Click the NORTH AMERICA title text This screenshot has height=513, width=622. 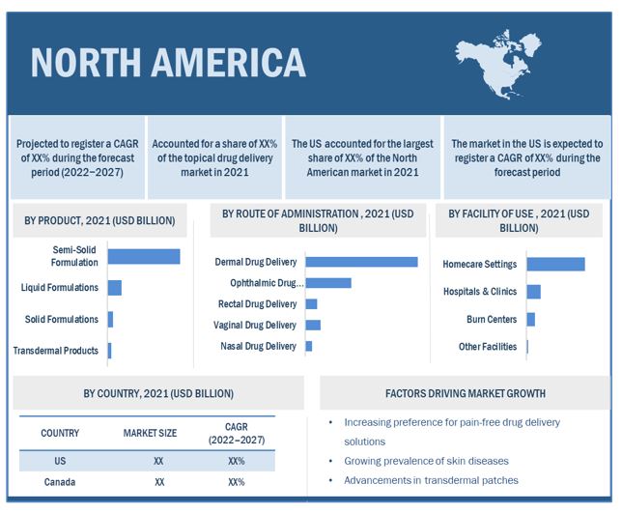click(168, 62)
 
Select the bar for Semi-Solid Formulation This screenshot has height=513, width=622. click(143, 256)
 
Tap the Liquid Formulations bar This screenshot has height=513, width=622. click(114, 287)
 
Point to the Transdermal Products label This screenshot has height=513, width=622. click(55, 351)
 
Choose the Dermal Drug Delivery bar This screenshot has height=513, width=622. click(361, 262)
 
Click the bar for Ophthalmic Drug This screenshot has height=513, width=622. click(327, 283)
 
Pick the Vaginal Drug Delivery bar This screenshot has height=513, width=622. click(312, 325)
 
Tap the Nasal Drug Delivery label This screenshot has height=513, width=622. click(258, 346)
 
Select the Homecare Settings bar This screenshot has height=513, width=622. click(555, 264)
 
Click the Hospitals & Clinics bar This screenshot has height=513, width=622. click(533, 292)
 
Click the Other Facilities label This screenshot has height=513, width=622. click(487, 347)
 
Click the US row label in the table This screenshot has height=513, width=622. click(61, 462)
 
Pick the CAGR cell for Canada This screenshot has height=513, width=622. click(236, 482)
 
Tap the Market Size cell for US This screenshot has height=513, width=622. click(158, 462)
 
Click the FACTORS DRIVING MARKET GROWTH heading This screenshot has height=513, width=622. click(465, 393)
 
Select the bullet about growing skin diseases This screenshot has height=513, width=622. click(426, 461)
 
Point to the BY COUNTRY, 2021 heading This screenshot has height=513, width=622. click(157, 393)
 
